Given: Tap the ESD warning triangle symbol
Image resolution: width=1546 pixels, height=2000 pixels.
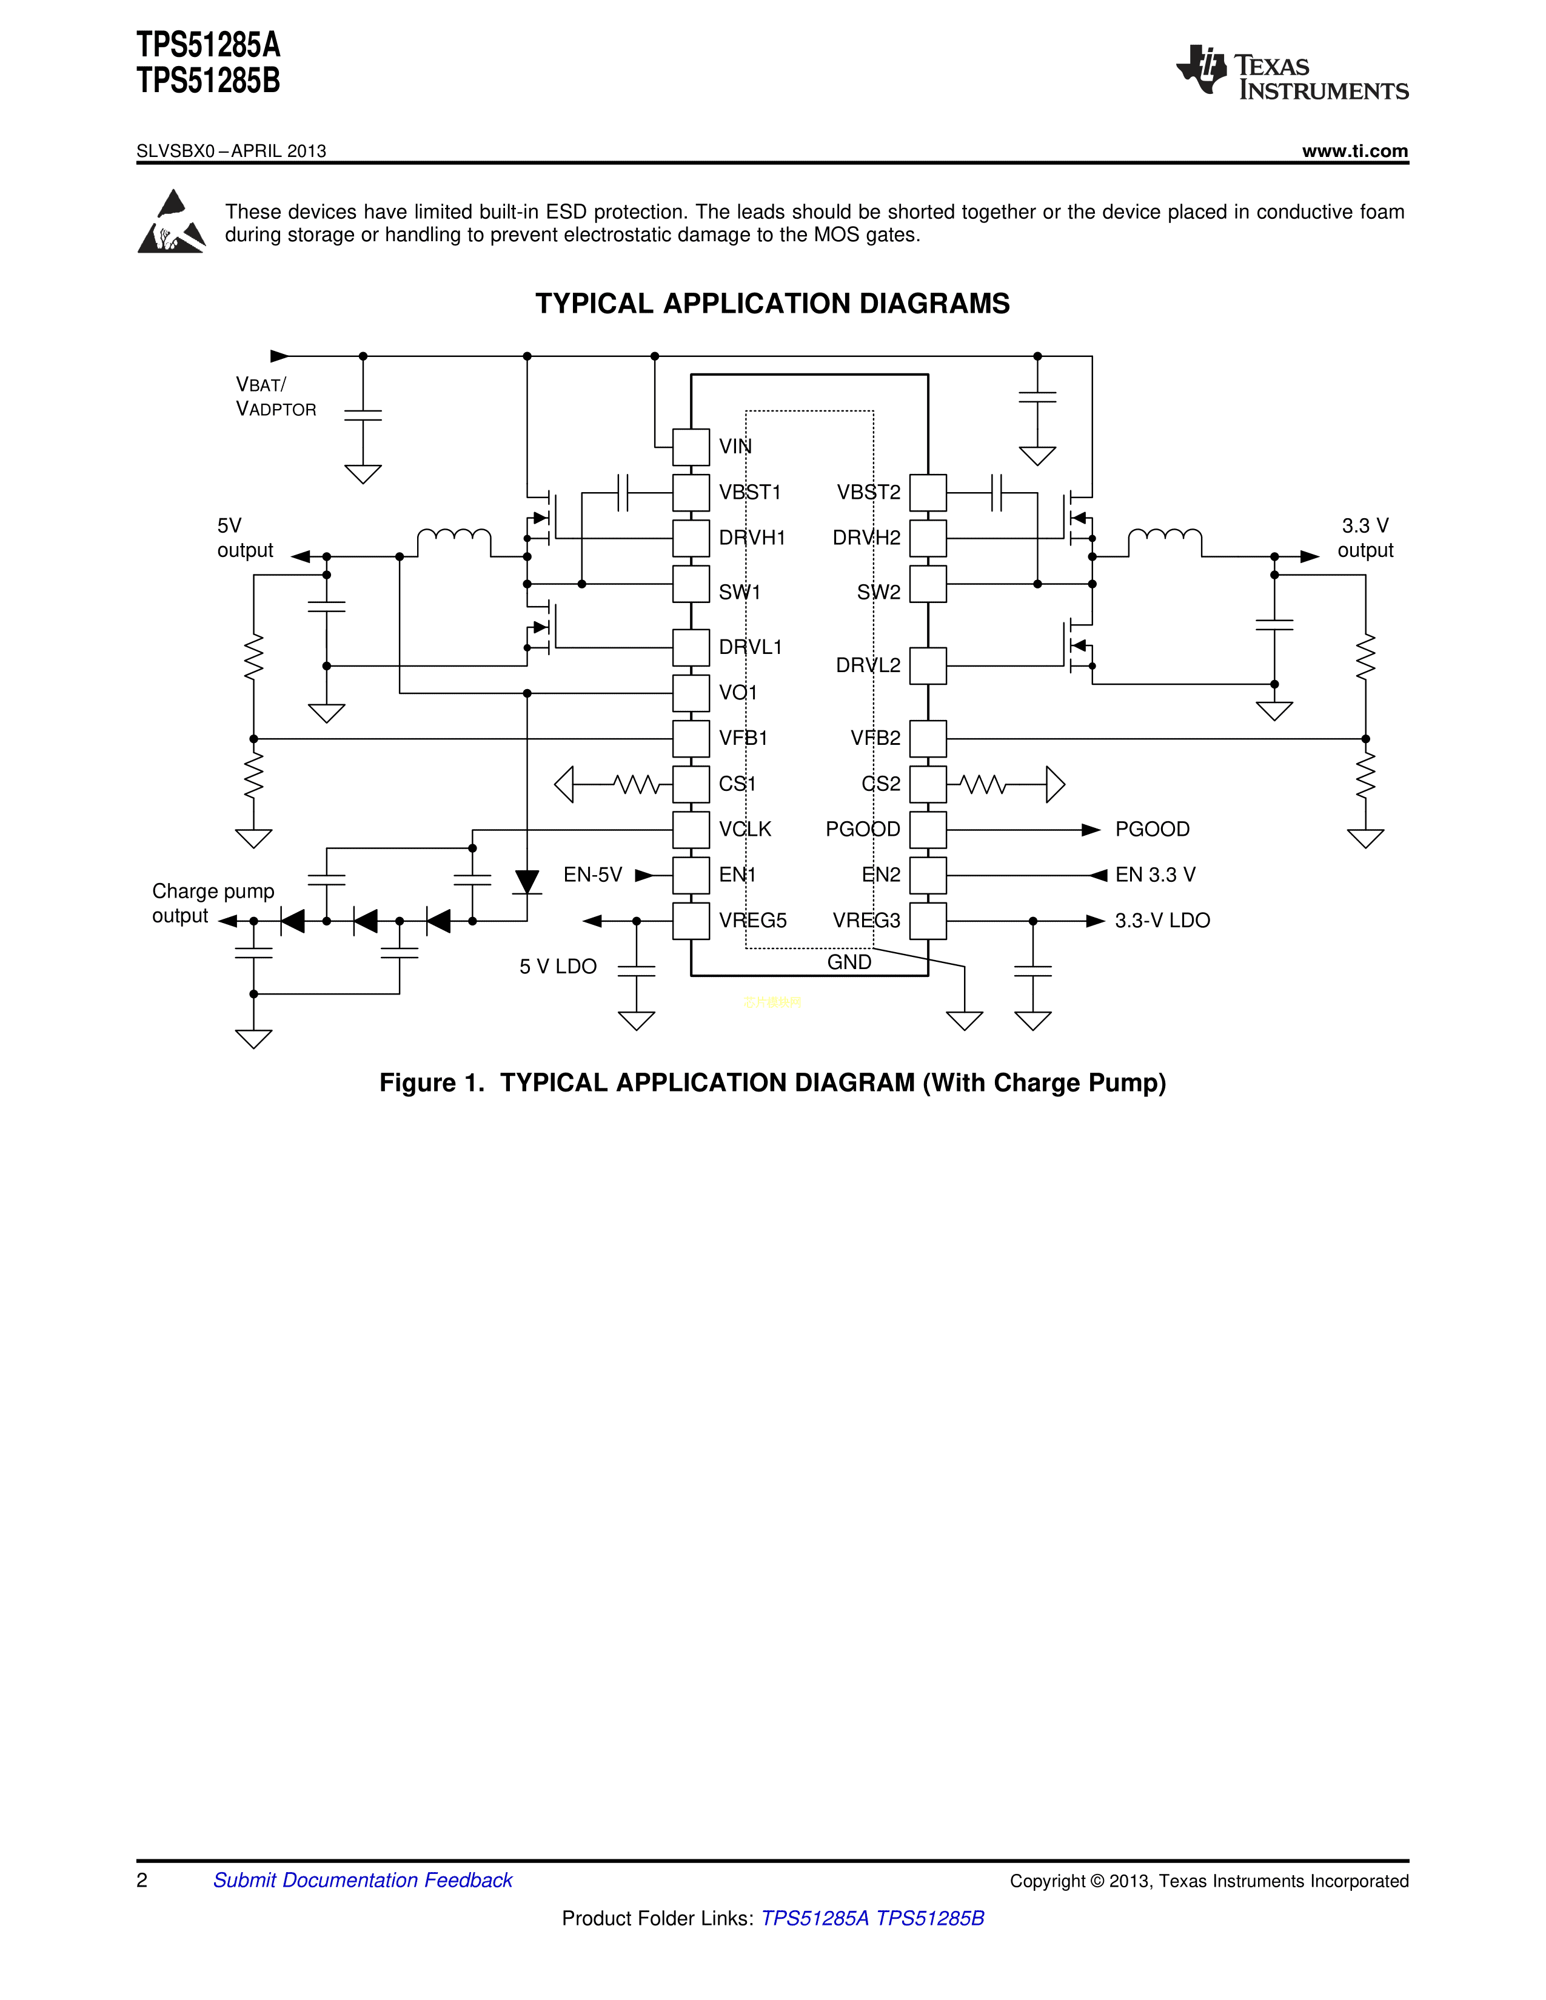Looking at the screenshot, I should click(x=171, y=222).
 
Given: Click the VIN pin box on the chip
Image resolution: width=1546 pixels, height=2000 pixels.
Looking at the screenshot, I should click(x=691, y=447).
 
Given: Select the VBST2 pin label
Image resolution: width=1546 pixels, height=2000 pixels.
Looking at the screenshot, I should click(x=868, y=493).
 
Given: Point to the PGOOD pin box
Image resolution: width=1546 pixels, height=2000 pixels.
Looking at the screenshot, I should click(x=928, y=830).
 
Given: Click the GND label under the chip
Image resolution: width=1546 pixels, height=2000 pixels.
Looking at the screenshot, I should click(x=849, y=962).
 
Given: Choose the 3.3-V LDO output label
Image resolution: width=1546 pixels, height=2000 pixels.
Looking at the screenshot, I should click(x=1162, y=921).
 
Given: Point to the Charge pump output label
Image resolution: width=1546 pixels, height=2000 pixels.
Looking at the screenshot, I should click(x=212, y=904).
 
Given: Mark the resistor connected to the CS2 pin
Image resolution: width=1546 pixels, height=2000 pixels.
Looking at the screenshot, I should click(x=983, y=785).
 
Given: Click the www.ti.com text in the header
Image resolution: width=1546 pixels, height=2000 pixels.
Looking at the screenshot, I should click(x=1354, y=151).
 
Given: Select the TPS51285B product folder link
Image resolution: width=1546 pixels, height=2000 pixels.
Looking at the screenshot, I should click(x=929, y=1919).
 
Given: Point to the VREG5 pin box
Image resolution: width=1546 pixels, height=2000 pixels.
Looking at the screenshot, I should click(x=691, y=921).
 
